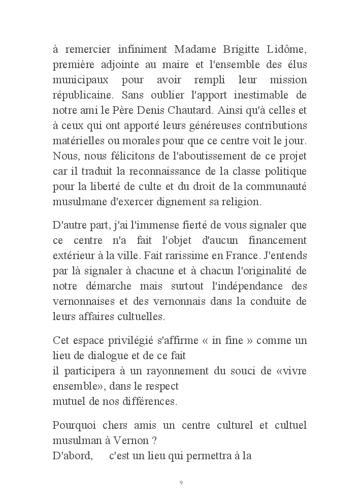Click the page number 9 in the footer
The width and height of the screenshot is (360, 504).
click(x=181, y=482)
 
